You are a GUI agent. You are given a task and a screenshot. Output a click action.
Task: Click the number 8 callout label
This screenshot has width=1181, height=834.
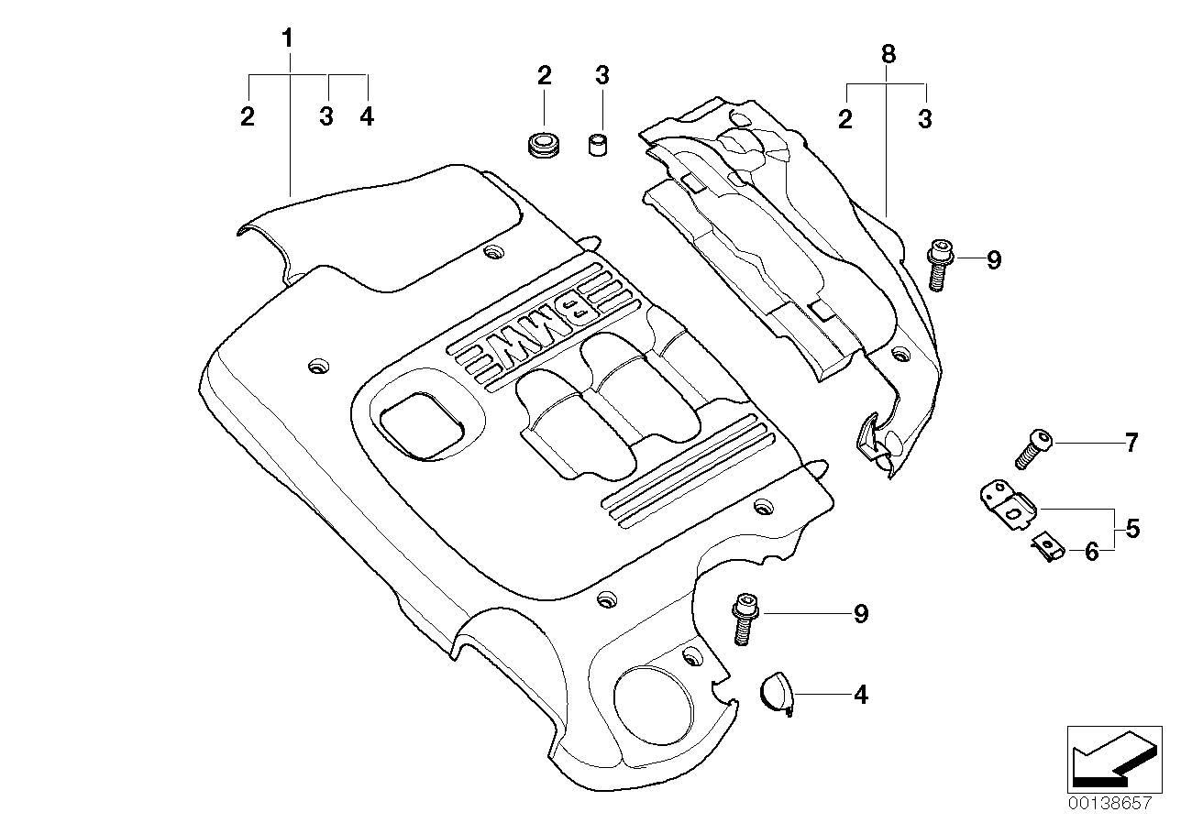887,54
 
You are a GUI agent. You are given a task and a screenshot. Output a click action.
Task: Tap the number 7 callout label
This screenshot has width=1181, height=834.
1131,444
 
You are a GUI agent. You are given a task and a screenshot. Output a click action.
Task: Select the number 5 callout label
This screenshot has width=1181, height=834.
1132,529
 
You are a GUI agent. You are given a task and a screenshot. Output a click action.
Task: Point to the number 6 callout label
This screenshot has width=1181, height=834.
1091,552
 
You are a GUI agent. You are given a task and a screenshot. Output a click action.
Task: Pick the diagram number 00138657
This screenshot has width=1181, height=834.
1109,802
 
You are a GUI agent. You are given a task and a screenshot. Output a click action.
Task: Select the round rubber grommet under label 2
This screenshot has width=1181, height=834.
544,143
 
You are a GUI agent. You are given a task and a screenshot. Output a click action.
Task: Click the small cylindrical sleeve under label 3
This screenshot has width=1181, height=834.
600,145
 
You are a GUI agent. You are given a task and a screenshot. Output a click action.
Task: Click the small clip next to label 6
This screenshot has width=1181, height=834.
1047,546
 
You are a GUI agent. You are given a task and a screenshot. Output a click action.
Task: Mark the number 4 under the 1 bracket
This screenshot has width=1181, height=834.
367,117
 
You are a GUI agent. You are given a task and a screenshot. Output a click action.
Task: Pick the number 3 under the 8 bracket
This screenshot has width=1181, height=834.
925,119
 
